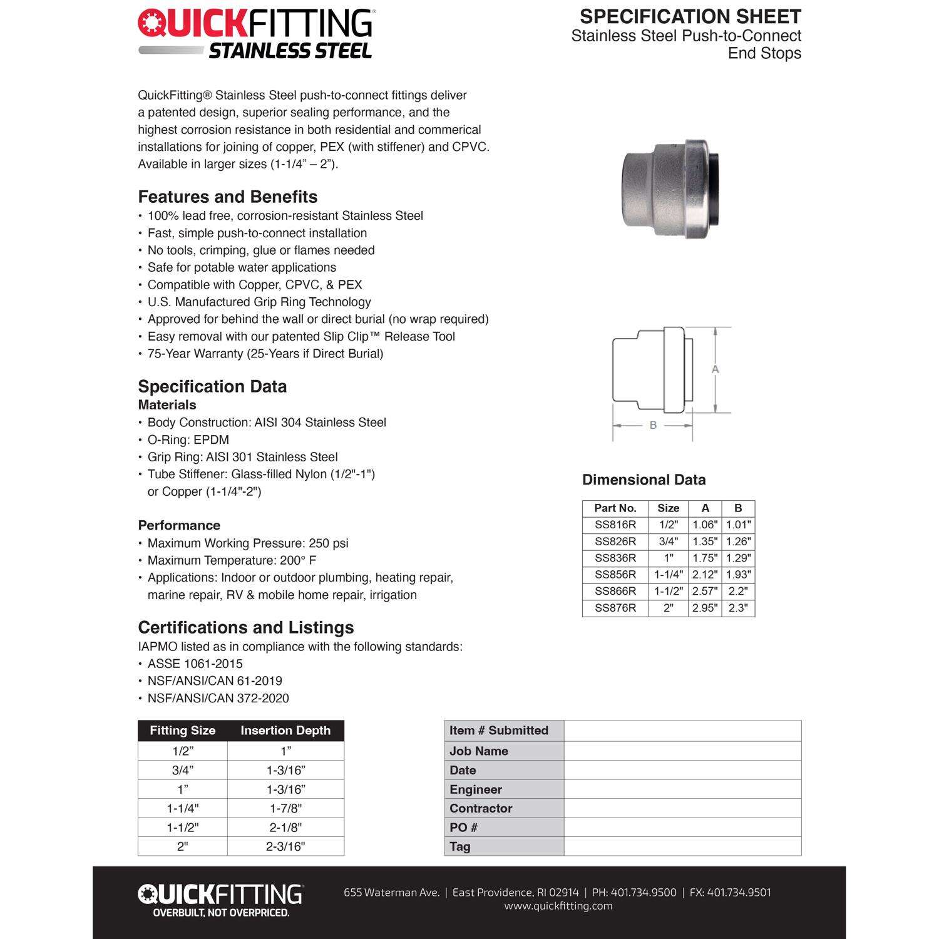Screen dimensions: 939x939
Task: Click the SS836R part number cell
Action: pos(615,558)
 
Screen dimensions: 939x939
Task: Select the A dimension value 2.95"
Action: pos(705,608)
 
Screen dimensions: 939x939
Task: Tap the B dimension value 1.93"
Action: pos(738,575)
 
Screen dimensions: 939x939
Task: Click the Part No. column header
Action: pos(615,508)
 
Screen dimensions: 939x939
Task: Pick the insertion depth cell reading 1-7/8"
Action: pos(285,808)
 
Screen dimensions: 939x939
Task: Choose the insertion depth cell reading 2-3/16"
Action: pos(285,846)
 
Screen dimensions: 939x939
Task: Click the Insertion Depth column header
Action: pos(285,731)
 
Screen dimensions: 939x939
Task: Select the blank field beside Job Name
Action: pos(682,751)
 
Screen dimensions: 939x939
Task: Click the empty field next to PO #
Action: pos(682,827)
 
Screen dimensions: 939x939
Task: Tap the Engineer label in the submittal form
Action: pos(476,789)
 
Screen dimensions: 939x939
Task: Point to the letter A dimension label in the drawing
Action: pos(716,369)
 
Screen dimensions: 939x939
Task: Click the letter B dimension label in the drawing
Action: pos(653,425)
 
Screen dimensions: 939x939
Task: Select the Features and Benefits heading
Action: pos(228,197)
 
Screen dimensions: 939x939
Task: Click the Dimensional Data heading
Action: pos(644,480)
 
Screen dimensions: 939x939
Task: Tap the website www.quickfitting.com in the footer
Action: pos(558,906)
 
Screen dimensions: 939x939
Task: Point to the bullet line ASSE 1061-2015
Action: pos(195,664)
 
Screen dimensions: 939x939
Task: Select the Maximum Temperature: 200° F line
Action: pos(232,560)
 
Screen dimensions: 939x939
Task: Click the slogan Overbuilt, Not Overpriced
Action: pos(221,913)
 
